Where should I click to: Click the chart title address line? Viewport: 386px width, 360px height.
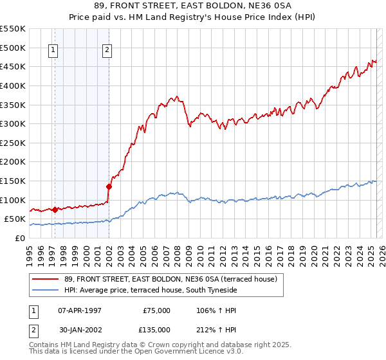[192, 6]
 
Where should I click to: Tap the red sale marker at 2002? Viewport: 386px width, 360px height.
[109, 187]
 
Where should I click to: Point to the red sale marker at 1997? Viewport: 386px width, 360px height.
[55, 210]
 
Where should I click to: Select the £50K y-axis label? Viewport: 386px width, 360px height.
[15, 219]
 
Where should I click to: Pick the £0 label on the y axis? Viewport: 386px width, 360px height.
[21, 238]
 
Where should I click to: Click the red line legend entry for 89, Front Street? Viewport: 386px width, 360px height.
[170, 279]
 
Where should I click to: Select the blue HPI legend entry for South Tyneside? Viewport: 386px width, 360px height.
[151, 291]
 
